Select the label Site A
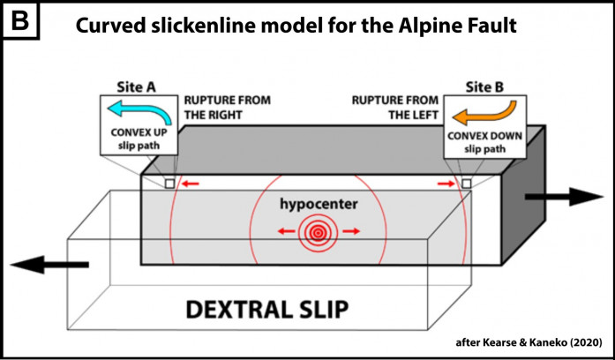click(x=137, y=86)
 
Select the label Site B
click(x=484, y=86)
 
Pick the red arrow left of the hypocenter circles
click(x=283, y=231)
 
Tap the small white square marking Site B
click(x=465, y=184)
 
